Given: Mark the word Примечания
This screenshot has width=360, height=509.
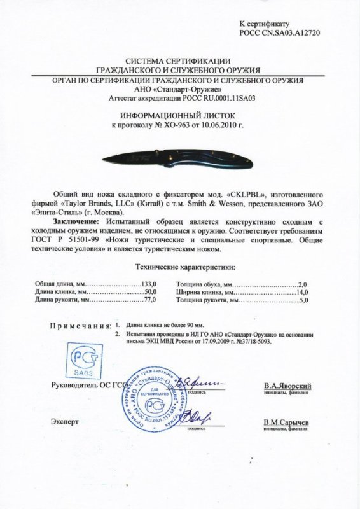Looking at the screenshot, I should tap(78, 325).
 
